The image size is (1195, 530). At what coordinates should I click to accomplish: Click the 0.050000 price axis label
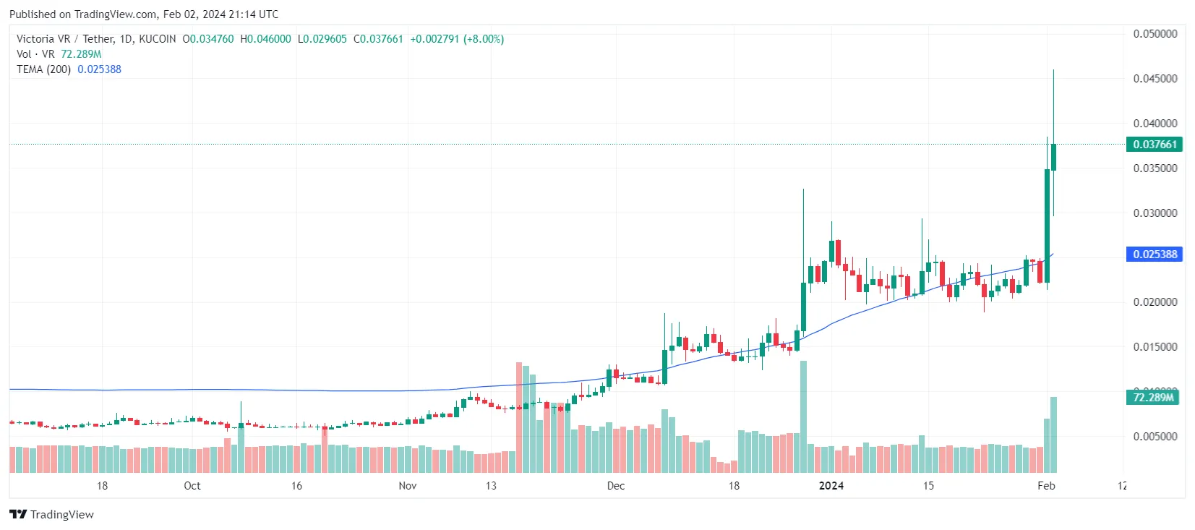click(1155, 34)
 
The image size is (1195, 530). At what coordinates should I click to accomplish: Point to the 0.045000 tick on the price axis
click(1155, 79)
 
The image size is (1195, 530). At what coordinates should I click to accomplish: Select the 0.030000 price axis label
click(1155, 213)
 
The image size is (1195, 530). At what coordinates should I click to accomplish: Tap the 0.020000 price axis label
click(1155, 302)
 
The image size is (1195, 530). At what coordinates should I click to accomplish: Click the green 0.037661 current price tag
click(1154, 145)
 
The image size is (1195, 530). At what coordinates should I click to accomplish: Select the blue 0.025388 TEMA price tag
click(1154, 255)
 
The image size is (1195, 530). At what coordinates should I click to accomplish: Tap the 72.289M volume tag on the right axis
click(1152, 398)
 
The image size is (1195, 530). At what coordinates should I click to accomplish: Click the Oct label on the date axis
click(192, 486)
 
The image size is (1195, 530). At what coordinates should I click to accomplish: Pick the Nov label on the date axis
click(408, 486)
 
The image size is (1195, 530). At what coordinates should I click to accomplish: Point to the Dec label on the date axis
click(616, 486)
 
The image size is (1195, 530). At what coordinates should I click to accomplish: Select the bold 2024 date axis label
click(831, 486)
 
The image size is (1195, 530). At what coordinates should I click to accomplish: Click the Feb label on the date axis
click(1046, 486)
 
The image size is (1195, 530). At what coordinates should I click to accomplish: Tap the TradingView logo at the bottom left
click(52, 515)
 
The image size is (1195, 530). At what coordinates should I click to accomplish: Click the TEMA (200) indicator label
click(44, 69)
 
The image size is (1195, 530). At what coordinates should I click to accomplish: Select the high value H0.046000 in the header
click(265, 39)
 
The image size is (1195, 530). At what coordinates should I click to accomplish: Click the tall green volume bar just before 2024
click(803, 416)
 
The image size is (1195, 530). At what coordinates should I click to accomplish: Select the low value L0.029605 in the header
click(322, 39)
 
